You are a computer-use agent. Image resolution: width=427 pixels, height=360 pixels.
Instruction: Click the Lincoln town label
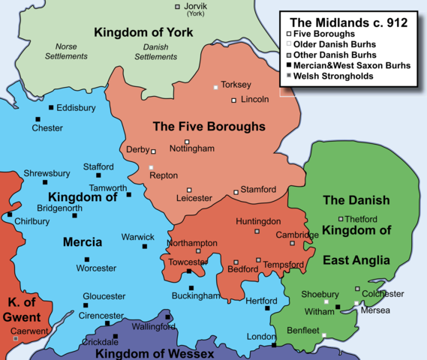(x=255, y=100)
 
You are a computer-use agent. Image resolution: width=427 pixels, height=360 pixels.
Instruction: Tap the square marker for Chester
(x=37, y=119)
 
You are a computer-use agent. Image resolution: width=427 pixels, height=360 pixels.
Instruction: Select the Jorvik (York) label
(x=197, y=10)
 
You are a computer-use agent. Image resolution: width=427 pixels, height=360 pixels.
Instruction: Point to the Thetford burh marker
(x=341, y=219)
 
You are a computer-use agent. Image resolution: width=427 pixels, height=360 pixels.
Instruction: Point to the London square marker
(x=274, y=345)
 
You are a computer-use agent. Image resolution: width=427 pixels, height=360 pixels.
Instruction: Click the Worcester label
(x=97, y=268)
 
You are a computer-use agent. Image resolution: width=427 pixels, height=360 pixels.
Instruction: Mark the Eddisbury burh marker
(x=51, y=108)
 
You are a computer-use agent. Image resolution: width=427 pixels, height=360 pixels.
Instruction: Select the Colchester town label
(x=383, y=293)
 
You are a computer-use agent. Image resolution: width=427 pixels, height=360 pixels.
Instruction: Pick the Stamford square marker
(x=236, y=192)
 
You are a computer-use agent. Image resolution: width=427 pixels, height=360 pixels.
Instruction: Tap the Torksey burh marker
(x=217, y=88)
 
